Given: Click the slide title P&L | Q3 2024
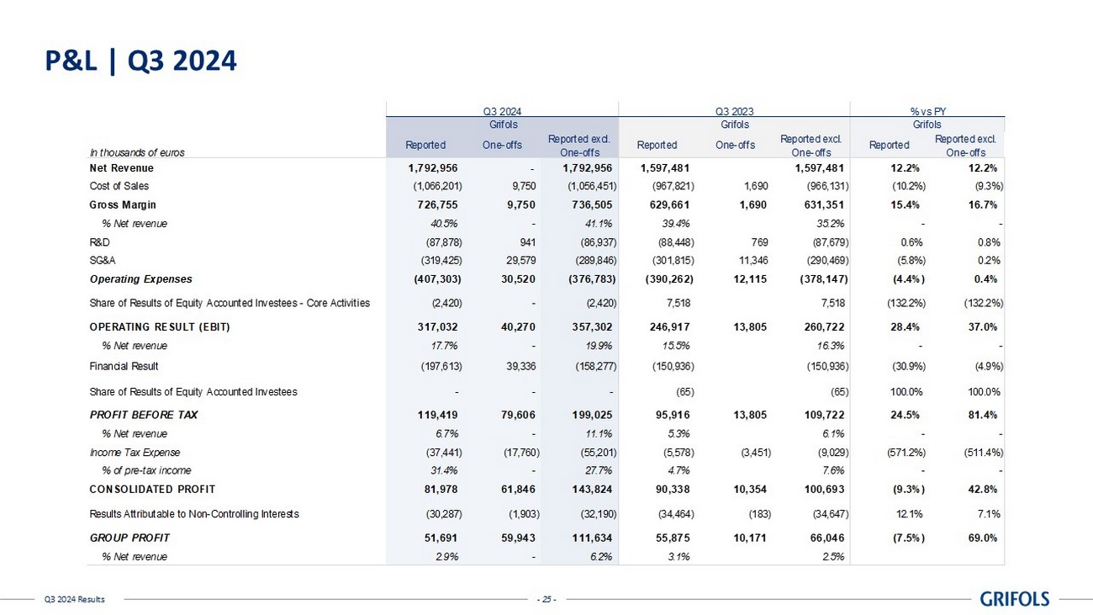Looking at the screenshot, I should pyautogui.click(x=140, y=61).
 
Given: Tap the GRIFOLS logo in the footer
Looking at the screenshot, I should pyautogui.click(x=1015, y=599).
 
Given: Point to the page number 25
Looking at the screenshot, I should pyautogui.click(x=546, y=599).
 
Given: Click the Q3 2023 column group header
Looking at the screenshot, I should pyautogui.click(x=734, y=110).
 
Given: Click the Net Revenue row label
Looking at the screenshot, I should pyautogui.click(x=121, y=168).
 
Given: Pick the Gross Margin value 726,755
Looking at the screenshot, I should pyautogui.click(x=434, y=204).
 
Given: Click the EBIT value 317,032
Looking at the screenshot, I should pyautogui.click(x=434, y=326).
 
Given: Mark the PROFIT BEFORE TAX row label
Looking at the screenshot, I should pyautogui.click(x=144, y=415).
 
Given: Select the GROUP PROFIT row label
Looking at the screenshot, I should pyautogui.click(x=129, y=538).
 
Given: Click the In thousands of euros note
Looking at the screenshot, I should pyautogui.click(x=136, y=152).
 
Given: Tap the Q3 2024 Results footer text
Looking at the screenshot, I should pyautogui.click(x=75, y=599).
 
